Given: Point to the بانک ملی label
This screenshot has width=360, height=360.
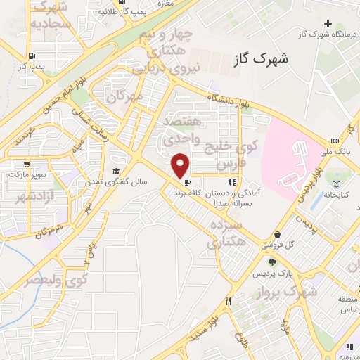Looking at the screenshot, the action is click(345, 152).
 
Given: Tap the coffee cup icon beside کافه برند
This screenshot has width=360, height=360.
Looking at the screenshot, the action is click(186, 190).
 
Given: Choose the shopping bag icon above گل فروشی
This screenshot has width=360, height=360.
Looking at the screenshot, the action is click(278, 233).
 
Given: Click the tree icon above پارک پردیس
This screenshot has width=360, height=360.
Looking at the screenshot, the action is click(272, 262).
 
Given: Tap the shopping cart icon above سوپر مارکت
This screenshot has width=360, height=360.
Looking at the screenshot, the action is click(15, 172).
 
